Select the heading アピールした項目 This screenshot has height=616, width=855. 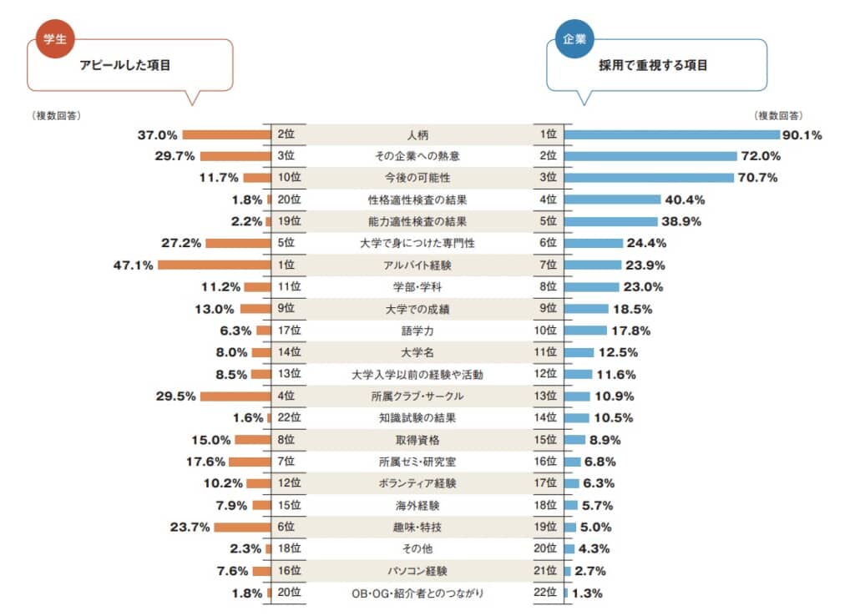[124, 65]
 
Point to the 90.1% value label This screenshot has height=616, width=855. [802, 134]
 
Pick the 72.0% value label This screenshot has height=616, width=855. [759, 156]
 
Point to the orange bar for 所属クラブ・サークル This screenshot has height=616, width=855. [236, 396]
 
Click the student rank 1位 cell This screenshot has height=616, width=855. [287, 265]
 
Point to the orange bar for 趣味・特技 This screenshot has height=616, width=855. [243, 527]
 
